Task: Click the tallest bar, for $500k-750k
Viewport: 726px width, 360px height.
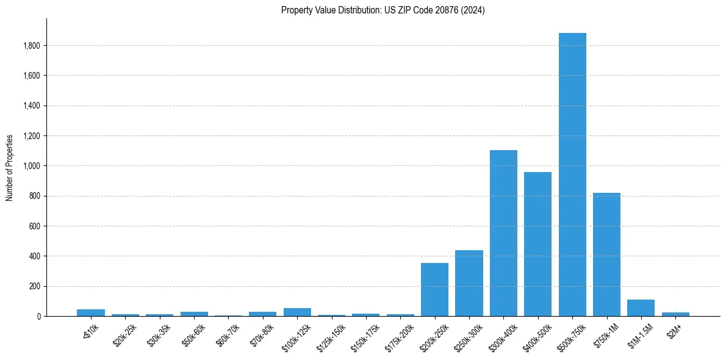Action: click(572, 175)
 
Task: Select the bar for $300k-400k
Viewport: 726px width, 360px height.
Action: click(503, 233)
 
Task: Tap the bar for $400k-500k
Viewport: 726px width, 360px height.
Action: click(537, 244)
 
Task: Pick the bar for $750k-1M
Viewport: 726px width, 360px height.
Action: click(606, 254)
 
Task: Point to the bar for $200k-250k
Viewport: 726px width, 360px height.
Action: click(434, 289)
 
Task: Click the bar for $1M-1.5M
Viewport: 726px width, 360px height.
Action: click(641, 308)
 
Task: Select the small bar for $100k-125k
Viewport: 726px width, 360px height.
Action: click(297, 312)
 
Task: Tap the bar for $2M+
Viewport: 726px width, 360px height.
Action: click(675, 314)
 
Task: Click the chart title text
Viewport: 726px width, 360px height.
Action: click(383, 10)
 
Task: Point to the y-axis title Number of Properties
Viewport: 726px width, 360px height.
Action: click(10, 168)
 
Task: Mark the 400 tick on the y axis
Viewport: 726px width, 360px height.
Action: click(35, 256)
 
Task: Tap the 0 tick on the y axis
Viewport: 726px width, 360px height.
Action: click(38, 317)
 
